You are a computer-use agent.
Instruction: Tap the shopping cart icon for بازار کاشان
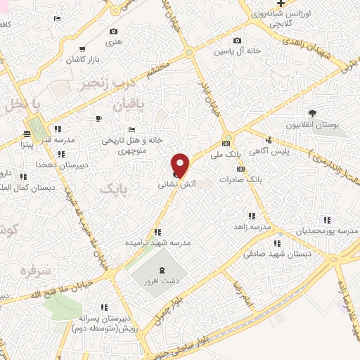click(83, 49)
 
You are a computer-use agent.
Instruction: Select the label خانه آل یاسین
click(239, 51)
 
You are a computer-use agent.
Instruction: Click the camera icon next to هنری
click(114, 32)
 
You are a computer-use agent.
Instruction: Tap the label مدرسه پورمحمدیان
click(323, 231)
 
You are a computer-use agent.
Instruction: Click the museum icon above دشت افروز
click(162, 271)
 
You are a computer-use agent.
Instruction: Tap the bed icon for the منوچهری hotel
click(131, 131)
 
